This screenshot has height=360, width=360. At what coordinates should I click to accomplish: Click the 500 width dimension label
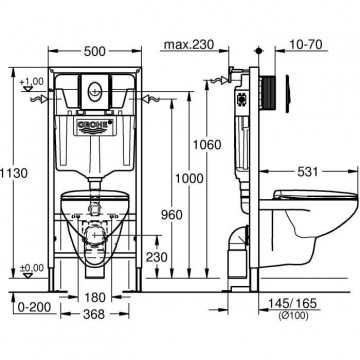pyautogui.click(x=95, y=51)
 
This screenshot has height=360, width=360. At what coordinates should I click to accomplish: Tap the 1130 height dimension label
pyautogui.click(x=14, y=173)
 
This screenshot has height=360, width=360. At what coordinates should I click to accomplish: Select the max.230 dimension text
pyautogui.click(x=189, y=44)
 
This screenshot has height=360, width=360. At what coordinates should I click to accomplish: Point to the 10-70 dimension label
pyautogui.click(x=305, y=44)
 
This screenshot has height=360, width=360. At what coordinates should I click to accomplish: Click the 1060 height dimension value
pyautogui.click(x=207, y=145)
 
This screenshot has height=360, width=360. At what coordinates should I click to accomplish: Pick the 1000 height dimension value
pyautogui.click(x=189, y=178)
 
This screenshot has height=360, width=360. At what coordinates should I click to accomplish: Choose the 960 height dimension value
pyautogui.click(x=172, y=215)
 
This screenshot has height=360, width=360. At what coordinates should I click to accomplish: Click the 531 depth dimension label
pyautogui.click(x=307, y=172)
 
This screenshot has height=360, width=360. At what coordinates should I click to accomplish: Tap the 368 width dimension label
pyautogui.click(x=94, y=314)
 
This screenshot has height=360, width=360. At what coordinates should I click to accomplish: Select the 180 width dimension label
pyautogui.click(x=95, y=297)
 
